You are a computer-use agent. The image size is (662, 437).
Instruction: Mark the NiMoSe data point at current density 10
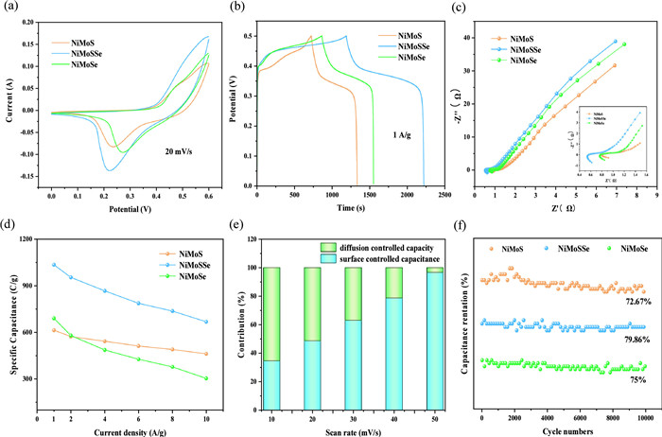[x=205, y=378]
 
